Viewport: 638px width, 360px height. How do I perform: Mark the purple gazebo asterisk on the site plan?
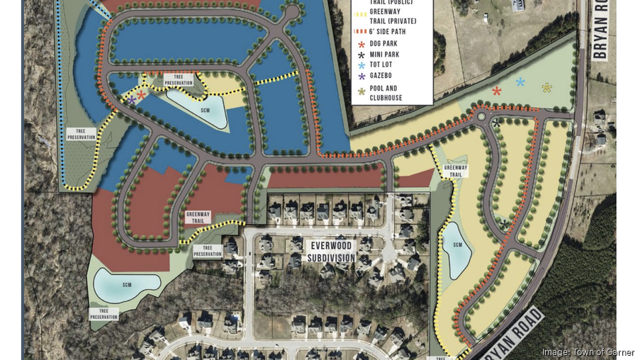[x=132, y=101]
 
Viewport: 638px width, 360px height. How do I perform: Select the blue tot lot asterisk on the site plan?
[x=520, y=82]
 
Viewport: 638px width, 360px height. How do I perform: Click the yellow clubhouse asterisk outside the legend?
[x=547, y=88]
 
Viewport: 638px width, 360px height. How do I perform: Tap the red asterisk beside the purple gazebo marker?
[x=141, y=95]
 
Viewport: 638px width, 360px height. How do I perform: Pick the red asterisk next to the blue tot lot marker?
[x=496, y=91]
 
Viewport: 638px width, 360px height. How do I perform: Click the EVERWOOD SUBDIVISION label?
[x=332, y=251]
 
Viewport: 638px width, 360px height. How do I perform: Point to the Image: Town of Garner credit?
[x=588, y=352]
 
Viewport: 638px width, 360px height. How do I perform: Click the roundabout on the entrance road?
[x=481, y=116]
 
